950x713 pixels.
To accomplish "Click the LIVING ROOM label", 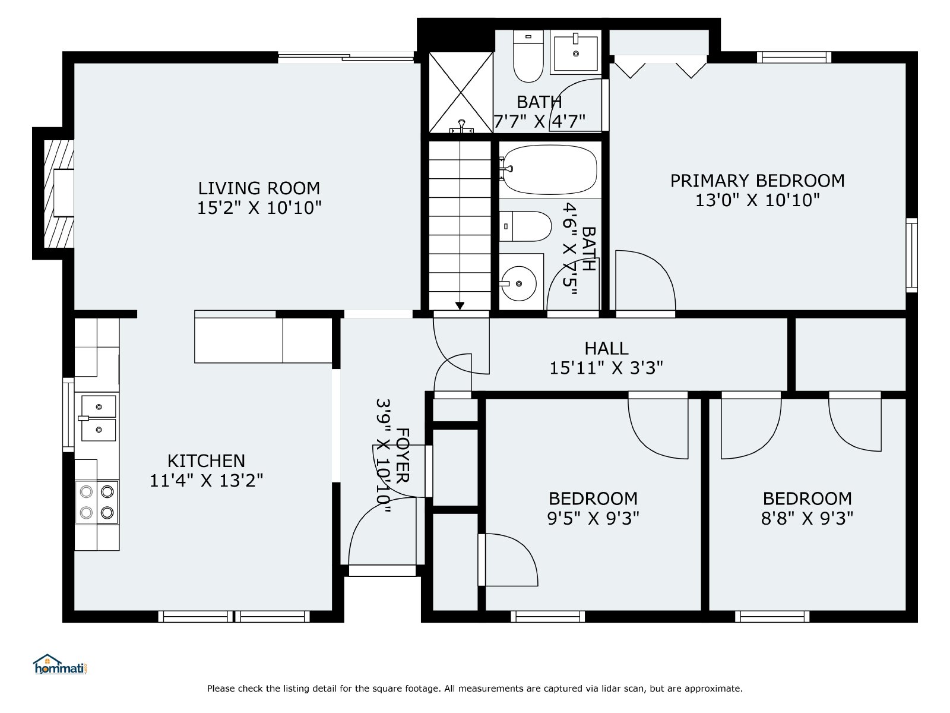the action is pos(259,188).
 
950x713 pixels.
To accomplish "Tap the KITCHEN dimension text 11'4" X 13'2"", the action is pos(207,481).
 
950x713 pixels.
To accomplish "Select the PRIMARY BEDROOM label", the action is pos(758,181).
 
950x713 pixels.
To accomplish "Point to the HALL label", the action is pos(606,349).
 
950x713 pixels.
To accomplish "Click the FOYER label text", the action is pos(403,455).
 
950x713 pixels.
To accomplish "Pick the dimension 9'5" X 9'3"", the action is pos(593,518).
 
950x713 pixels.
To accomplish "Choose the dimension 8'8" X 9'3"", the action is pos(807,518).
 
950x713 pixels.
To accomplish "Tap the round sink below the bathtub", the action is pos(518,283).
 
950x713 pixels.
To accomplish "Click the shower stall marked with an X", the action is pos(461,93).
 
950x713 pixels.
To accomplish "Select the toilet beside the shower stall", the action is pos(528,56).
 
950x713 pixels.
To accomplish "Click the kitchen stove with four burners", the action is pos(97,502).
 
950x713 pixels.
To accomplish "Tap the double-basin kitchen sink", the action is pos(99,418).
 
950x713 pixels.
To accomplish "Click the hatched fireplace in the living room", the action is pos(59,194).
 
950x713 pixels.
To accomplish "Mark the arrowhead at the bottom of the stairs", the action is pos(460,305).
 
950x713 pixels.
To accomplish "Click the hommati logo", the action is pos(61,664).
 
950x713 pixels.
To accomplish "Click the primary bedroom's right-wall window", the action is pos(911,255).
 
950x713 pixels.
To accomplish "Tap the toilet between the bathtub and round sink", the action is pos(525,226).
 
